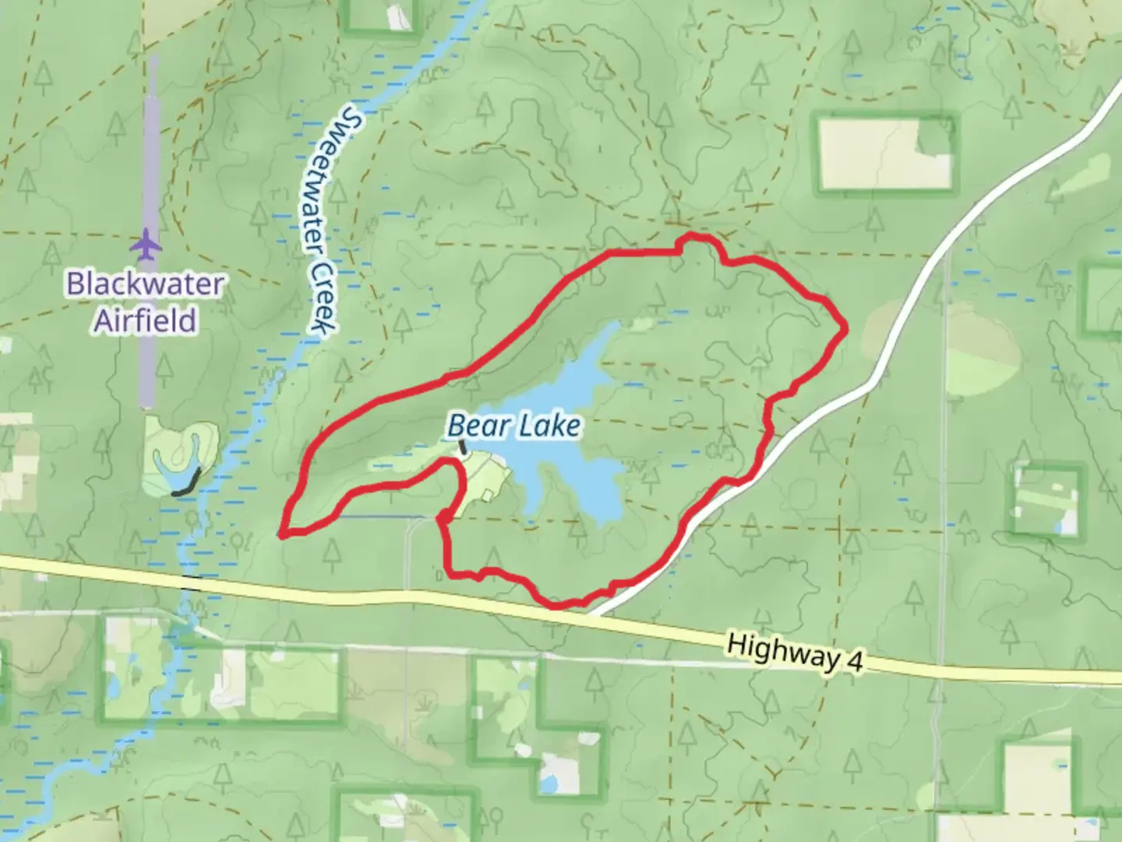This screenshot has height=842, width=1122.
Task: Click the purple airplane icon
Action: pos(146,245)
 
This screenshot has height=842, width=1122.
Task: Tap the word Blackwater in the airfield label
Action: pos(146,284)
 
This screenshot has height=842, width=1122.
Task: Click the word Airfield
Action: pos(146,320)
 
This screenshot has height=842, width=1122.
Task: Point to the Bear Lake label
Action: pos(514,426)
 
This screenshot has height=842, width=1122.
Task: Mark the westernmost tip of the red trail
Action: pos(281,535)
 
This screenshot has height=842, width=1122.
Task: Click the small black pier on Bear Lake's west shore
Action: pos(462,448)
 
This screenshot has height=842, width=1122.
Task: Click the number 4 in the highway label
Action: pos(855,663)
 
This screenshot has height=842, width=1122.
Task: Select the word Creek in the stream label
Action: pos(321,296)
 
